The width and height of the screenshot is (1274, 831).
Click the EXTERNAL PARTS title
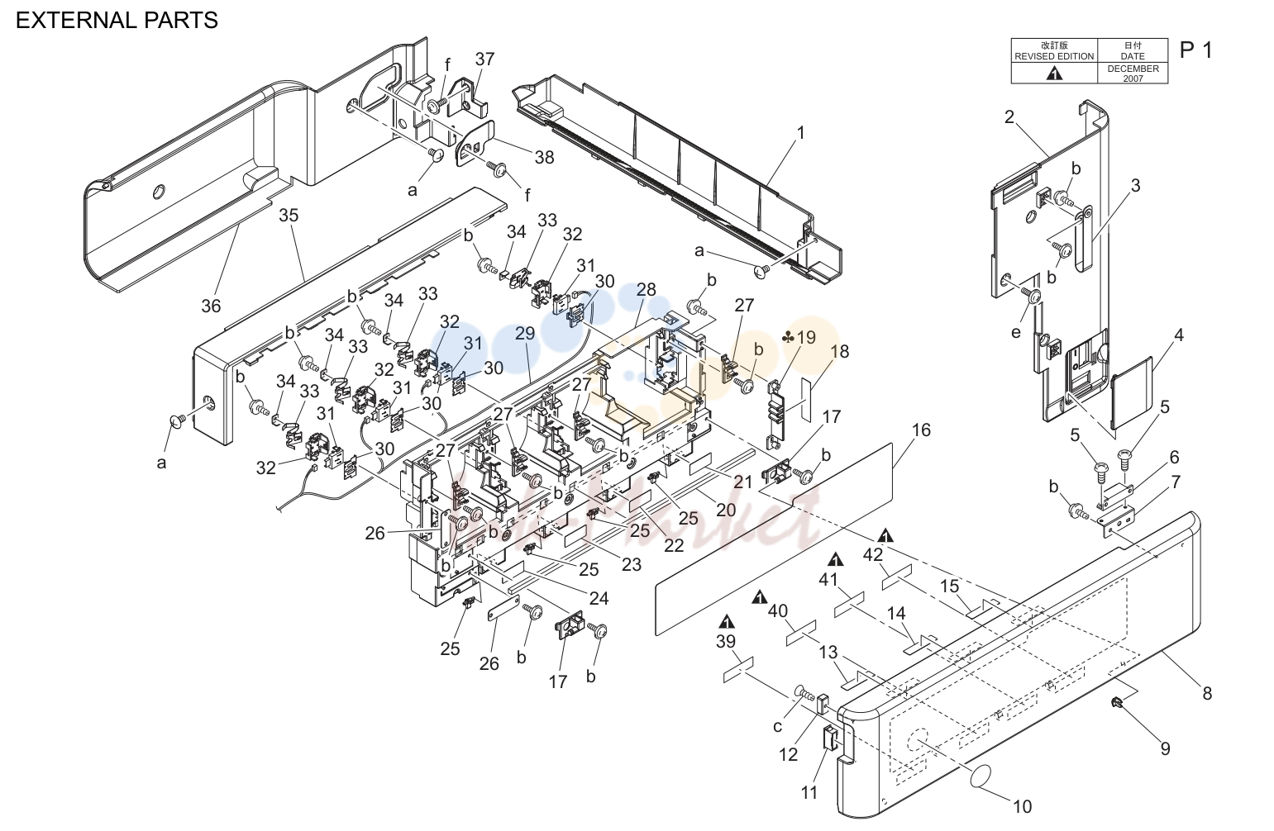(x=117, y=21)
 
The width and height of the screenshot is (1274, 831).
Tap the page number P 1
(x=1196, y=50)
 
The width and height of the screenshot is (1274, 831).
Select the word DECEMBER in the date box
(x=1133, y=69)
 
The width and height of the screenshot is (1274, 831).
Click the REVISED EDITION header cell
(x=1054, y=50)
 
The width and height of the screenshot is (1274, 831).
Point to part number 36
(x=211, y=306)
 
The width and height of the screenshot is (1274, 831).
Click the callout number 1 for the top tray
(x=801, y=132)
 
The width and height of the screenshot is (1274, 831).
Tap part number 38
(x=544, y=158)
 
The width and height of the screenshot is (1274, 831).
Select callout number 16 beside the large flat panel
(x=921, y=430)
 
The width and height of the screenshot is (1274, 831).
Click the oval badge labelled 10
(x=981, y=776)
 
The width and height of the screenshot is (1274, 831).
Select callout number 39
(x=726, y=641)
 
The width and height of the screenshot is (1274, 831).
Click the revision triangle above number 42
(x=885, y=535)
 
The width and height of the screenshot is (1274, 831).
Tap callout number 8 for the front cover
(x=1207, y=693)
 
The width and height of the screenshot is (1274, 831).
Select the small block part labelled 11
(x=831, y=738)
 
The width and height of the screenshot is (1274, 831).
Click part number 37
(x=485, y=59)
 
